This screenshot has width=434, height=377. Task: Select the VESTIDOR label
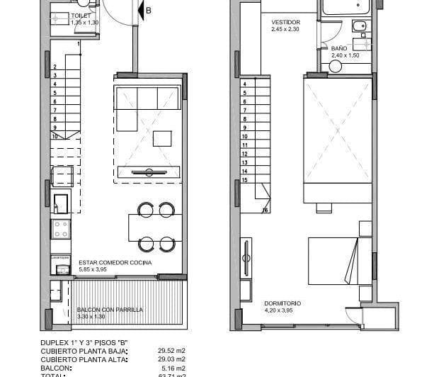click(x=286, y=22)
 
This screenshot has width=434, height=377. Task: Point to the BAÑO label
click(x=339, y=48)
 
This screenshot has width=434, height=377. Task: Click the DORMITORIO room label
click(x=282, y=303)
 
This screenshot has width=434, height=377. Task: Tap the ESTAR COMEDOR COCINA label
click(x=113, y=262)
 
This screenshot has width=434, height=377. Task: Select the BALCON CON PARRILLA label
click(x=110, y=310)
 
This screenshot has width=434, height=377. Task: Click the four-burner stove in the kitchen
click(x=61, y=229)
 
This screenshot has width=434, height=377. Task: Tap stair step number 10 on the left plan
click(x=55, y=135)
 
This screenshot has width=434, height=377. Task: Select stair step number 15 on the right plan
click(x=244, y=179)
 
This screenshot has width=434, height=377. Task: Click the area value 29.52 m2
click(x=171, y=349)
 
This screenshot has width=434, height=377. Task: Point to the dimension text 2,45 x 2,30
click(x=286, y=29)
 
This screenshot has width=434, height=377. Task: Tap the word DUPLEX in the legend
click(x=55, y=342)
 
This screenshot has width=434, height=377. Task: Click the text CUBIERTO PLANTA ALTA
click(x=80, y=359)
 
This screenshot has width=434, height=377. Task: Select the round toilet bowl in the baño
click(x=336, y=66)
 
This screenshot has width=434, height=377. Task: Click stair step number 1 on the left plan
click(x=78, y=44)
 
